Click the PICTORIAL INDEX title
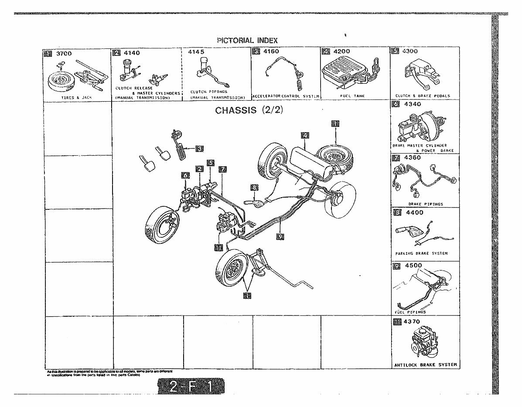tap(247, 40)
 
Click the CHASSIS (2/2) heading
tap(249, 110)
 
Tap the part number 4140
tap(132, 53)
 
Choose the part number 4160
tap(272, 52)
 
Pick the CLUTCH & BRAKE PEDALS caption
tap(423, 96)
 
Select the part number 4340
tap(413, 104)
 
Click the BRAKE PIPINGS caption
tap(425, 204)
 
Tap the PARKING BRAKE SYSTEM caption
tap(421, 253)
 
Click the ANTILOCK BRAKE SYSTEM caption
tap(425, 365)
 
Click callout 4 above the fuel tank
tap(305, 135)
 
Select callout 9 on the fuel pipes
tap(280, 236)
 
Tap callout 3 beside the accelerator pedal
tap(199, 149)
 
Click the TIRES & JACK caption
tap(76, 98)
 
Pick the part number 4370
tap(413, 322)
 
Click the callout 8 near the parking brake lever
tap(254, 188)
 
